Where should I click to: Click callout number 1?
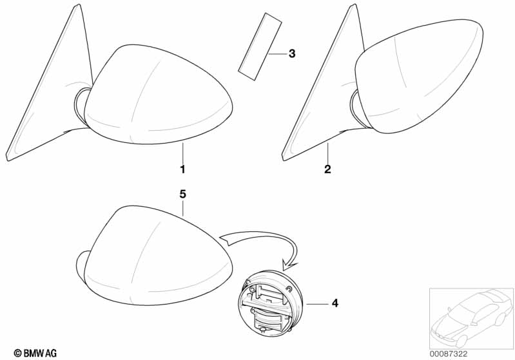[182, 169]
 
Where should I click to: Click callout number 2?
[327, 169]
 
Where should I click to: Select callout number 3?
[292, 53]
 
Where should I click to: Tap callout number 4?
[335, 303]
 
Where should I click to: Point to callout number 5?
[182, 194]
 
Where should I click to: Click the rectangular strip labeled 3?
[260, 47]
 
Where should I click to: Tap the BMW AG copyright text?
[35, 353]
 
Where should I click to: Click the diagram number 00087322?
[449, 354]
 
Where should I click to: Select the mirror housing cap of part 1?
[158, 95]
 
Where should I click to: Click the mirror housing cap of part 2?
[419, 76]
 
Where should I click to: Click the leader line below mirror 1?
[183, 153]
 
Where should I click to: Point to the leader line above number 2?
[328, 153]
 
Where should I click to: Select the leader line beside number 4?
[317, 304]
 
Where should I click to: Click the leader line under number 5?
[183, 209]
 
